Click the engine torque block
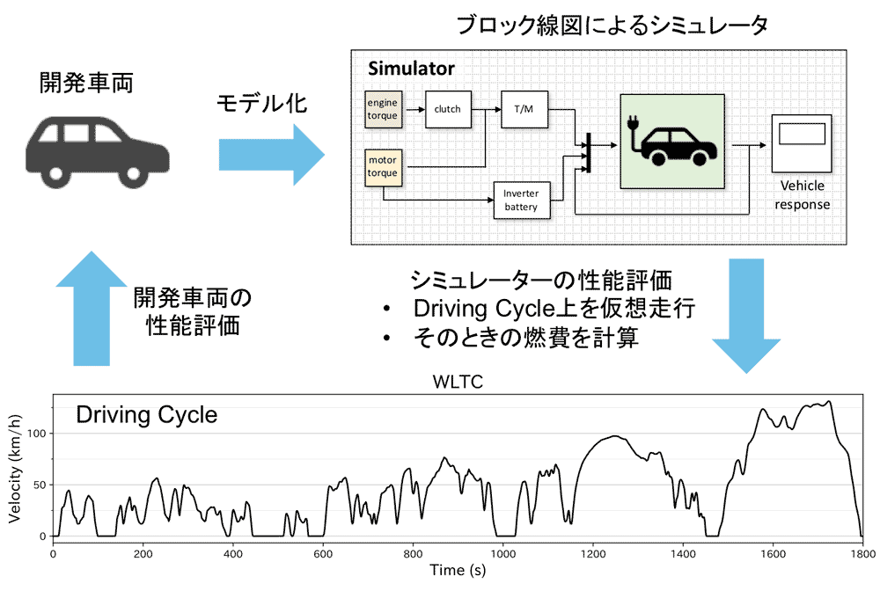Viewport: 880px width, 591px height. click(x=384, y=109)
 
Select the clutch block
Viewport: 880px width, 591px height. click(x=448, y=109)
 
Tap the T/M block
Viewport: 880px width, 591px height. click(x=524, y=109)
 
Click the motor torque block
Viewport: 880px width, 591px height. click(x=384, y=167)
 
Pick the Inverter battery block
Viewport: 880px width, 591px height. click(x=521, y=201)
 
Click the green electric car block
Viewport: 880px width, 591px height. click(x=672, y=142)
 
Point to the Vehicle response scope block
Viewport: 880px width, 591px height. click(x=802, y=143)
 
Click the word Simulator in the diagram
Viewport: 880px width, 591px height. click(x=411, y=69)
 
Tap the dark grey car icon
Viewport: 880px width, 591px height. click(x=97, y=152)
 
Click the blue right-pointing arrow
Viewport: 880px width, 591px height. click(x=272, y=155)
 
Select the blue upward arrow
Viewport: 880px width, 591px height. click(x=92, y=309)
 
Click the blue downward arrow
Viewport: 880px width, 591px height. click(x=746, y=316)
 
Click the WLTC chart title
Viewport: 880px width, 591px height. click(x=458, y=382)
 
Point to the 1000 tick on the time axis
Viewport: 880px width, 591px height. click(x=503, y=554)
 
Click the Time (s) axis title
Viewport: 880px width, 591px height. click(x=458, y=570)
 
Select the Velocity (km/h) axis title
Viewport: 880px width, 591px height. click(x=15, y=469)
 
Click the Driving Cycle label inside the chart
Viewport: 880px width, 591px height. click(x=146, y=415)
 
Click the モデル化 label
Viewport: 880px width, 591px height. click(x=262, y=103)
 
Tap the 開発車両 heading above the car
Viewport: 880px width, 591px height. click(x=86, y=83)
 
